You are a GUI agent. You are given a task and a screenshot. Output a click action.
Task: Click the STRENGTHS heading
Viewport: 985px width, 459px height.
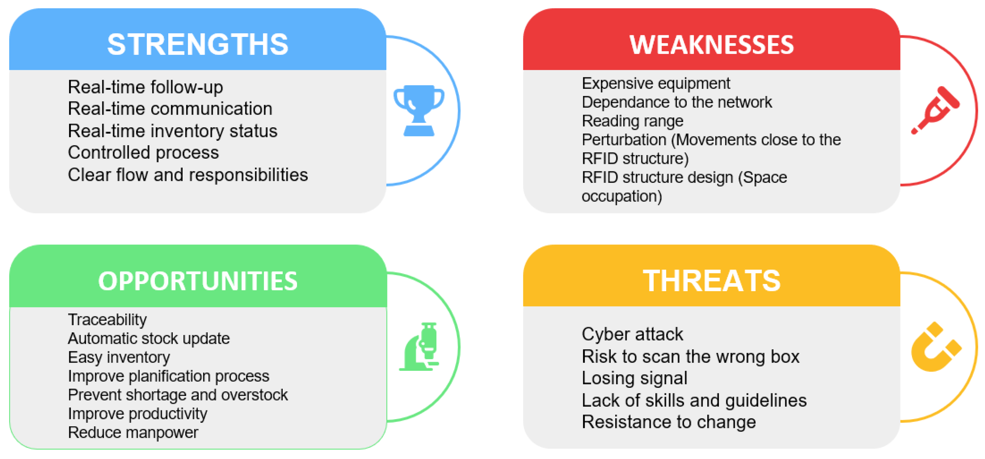click(x=198, y=44)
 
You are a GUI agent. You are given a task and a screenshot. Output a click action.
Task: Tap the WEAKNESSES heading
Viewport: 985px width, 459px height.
click(x=711, y=45)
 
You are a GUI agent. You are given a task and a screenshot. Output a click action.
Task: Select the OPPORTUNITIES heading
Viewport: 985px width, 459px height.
click(x=198, y=281)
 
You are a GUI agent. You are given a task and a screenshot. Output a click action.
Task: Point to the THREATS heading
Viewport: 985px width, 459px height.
click(x=711, y=281)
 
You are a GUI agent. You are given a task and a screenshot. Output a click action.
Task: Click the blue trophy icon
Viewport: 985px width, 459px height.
click(x=419, y=110)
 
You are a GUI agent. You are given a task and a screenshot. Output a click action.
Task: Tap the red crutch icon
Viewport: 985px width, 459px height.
click(x=935, y=110)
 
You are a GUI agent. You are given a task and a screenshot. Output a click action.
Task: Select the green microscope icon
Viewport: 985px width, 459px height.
click(x=419, y=346)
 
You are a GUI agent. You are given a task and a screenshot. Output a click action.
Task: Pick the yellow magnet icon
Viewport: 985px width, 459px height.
click(x=936, y=346)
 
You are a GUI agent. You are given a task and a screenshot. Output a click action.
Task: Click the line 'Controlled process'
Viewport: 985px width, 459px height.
click(x=143, y=153)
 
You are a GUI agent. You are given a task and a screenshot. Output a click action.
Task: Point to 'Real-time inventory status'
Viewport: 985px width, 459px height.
click(x=172, y=131)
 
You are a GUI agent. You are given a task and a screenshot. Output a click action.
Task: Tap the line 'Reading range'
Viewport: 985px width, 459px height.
click(x=633, y=121)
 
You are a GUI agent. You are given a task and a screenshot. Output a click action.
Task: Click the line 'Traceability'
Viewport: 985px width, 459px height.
click(x=108, y=320)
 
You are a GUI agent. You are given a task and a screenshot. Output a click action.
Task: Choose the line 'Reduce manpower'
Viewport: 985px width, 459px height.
click(x=133, y=433)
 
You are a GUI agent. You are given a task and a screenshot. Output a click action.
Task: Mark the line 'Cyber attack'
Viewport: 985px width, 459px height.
click(x=633, y=334)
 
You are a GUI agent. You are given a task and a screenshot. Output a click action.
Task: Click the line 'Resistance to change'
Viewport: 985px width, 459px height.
click(x=669, y=422)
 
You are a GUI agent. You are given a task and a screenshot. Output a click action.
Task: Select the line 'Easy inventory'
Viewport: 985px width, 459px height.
click(x=119, y=357)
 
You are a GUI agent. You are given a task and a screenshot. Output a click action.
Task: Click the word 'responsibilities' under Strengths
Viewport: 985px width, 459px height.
click(x=248, y=175)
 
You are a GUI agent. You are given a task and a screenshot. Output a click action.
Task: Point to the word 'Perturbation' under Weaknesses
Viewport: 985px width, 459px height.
click(x=624, y=140)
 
